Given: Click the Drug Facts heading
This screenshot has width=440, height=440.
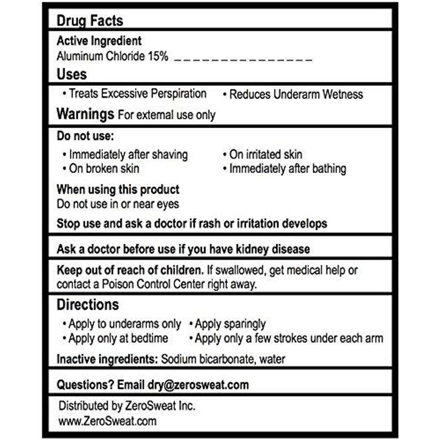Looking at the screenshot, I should [x=90, y=21].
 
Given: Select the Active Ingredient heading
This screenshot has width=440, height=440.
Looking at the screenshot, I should [x=99, y=41].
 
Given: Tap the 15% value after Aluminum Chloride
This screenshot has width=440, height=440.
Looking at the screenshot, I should [x=157, y=57].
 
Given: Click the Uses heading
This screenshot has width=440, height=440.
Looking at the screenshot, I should [x=71, y=74].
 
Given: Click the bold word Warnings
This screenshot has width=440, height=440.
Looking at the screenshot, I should [x=85, y=114].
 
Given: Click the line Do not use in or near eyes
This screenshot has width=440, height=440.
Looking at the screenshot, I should [x=118, y=204].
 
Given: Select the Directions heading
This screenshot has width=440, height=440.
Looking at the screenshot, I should [x=87, y=305].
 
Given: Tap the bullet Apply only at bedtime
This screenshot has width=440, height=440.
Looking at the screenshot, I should [x=118, y=338].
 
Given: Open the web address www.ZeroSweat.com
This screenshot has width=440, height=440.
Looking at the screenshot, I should [x=107, y=421].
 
